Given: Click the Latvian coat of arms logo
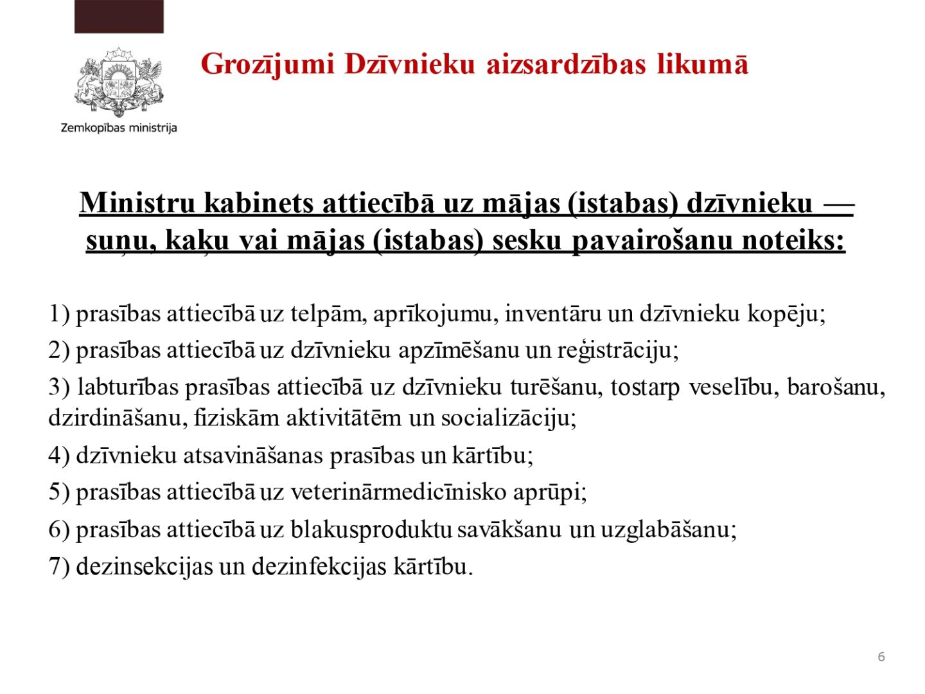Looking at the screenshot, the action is (118, 82).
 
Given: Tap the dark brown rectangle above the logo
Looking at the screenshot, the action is (119, 17).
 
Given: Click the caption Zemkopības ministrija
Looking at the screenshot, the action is (119, 128).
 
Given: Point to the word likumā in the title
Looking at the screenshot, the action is (702, 64).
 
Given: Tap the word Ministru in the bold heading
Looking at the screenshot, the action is (137, 202).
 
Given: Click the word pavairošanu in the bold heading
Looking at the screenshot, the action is (651, 241).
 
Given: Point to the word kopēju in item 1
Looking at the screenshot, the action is (786, 314).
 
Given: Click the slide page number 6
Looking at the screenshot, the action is (881, 657).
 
